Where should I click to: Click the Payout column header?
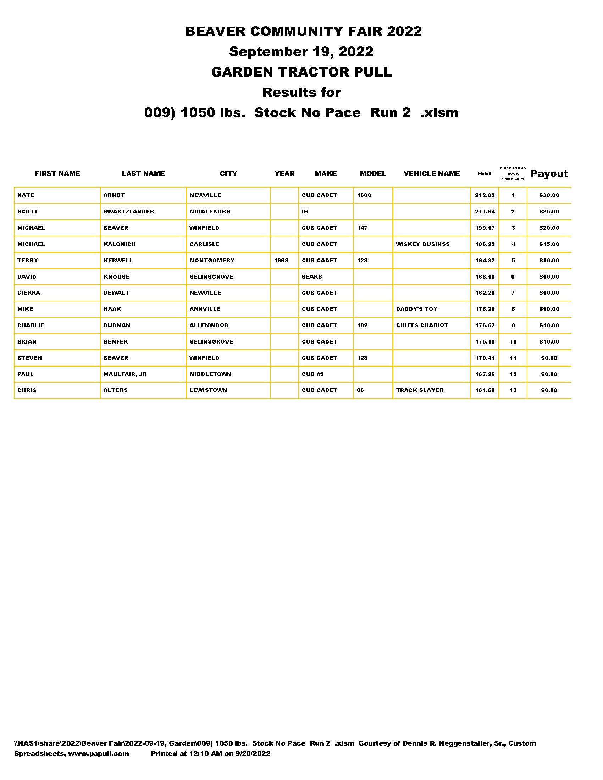549,174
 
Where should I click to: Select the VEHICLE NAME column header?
431,174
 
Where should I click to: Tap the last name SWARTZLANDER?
129,211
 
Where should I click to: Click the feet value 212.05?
485,195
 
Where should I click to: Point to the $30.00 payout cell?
549,195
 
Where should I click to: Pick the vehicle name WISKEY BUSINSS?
422,244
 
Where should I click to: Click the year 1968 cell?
281,260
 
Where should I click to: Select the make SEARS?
311,277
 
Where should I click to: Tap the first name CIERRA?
29,293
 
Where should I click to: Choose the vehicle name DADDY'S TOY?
416,309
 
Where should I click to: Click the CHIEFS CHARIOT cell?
422,325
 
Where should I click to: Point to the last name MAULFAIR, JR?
125,374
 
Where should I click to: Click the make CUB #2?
312,374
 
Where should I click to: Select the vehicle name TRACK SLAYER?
419,390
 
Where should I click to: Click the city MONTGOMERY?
212,260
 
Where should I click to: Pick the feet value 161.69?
485,390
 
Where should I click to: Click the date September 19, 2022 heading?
301,51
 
